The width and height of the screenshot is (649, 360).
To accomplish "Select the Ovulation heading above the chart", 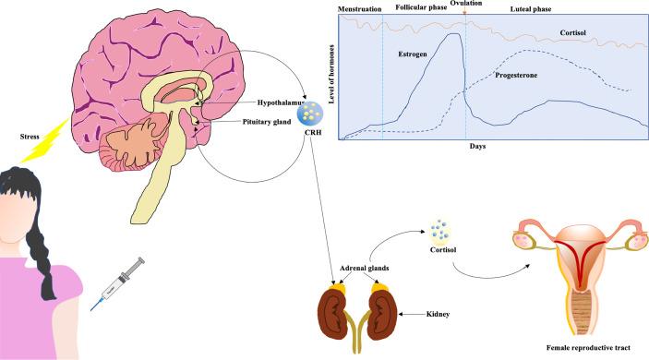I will (x=465, y=4).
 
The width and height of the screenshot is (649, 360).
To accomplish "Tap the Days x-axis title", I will (x=475, y=147).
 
